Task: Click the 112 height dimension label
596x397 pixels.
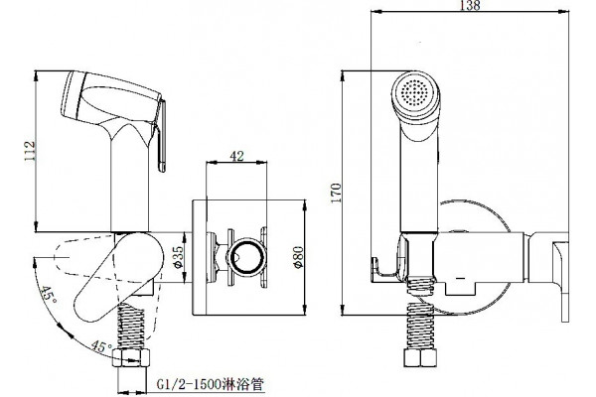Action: (30, 151)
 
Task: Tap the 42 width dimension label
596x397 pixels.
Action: (236, 156)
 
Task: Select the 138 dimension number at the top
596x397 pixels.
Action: (470, 5)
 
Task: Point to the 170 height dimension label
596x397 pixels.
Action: (336, 193)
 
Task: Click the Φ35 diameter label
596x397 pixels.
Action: (178, 257)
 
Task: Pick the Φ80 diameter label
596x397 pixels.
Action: (299, 257)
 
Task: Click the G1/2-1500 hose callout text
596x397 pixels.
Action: (210, 384)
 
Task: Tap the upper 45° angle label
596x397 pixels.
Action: (49, 294)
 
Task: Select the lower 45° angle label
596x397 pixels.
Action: (101, 346)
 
